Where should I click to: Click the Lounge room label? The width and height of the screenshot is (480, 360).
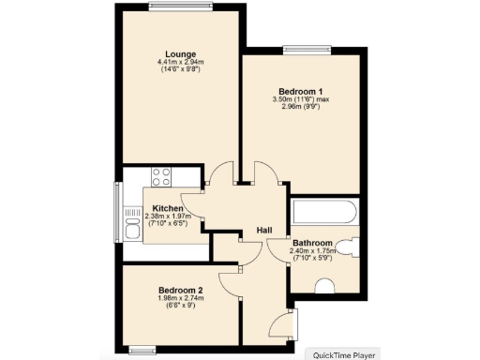point(181,53)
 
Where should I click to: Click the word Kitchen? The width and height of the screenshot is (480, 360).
point(168,208)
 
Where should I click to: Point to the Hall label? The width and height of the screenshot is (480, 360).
point(264,231)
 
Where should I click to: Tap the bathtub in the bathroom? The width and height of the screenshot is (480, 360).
point(323,212)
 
